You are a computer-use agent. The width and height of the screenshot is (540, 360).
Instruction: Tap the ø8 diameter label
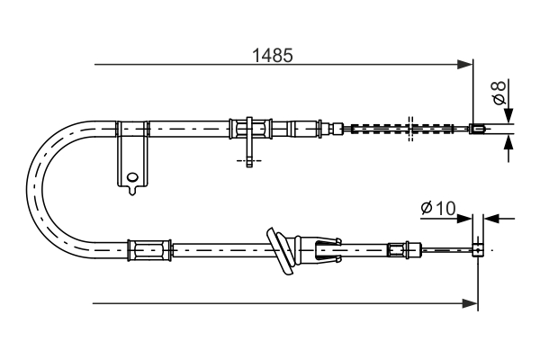(496, 92)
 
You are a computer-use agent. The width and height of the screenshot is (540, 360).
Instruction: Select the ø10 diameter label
(438, 209)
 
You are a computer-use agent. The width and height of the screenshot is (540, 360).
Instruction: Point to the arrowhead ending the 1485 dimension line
(466, 64)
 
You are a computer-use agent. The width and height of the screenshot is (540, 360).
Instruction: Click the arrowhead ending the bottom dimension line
(471, 303)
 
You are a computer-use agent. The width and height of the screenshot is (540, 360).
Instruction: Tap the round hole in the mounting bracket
(132, 176)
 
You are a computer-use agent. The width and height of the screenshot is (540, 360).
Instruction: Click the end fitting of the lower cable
(480, 247)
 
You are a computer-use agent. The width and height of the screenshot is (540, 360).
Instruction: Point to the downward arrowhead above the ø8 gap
(508, 115)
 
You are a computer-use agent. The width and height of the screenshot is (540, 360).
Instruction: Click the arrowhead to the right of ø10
(490, 217)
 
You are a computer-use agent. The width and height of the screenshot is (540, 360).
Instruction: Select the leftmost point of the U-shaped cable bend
(31, 185)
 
